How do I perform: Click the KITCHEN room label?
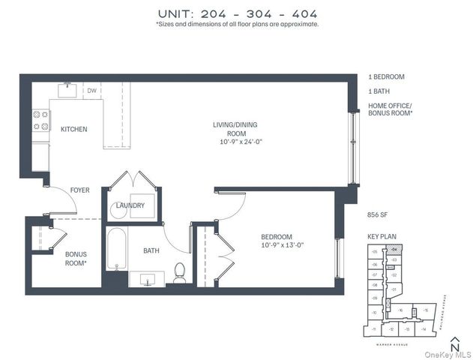[73, 129]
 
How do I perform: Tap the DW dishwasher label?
[91, 91]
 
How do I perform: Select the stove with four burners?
[40, 121]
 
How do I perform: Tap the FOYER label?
[80, 190]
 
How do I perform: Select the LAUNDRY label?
[141, 205]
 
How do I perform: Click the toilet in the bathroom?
[180, 274]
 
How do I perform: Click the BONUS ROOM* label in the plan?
[76, 259]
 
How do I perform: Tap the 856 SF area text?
[378, 214]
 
